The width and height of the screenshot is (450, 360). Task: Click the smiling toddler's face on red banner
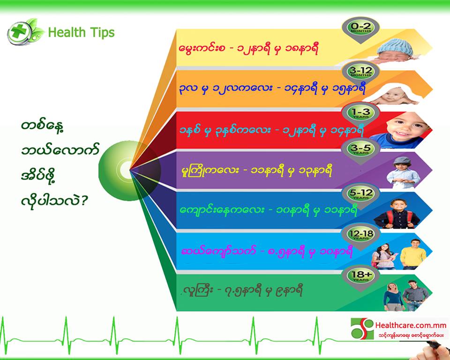click(x=405, y=126)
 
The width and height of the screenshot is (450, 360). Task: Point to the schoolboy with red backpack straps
click(x=397, y=214)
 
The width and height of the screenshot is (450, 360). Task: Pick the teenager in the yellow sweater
click(x=413, y=255)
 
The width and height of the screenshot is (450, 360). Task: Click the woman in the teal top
click(x=393, y=297)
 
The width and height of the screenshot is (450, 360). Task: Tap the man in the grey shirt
click(x=415, y=295)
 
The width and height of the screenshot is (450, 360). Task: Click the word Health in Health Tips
click(x=67, y=32)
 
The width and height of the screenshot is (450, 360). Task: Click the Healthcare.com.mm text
click(x=411, y=325)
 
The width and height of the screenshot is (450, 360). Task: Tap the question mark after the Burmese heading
click(x=83, y=201)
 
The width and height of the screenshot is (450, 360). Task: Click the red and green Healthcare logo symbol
click(x=362, y=329)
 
